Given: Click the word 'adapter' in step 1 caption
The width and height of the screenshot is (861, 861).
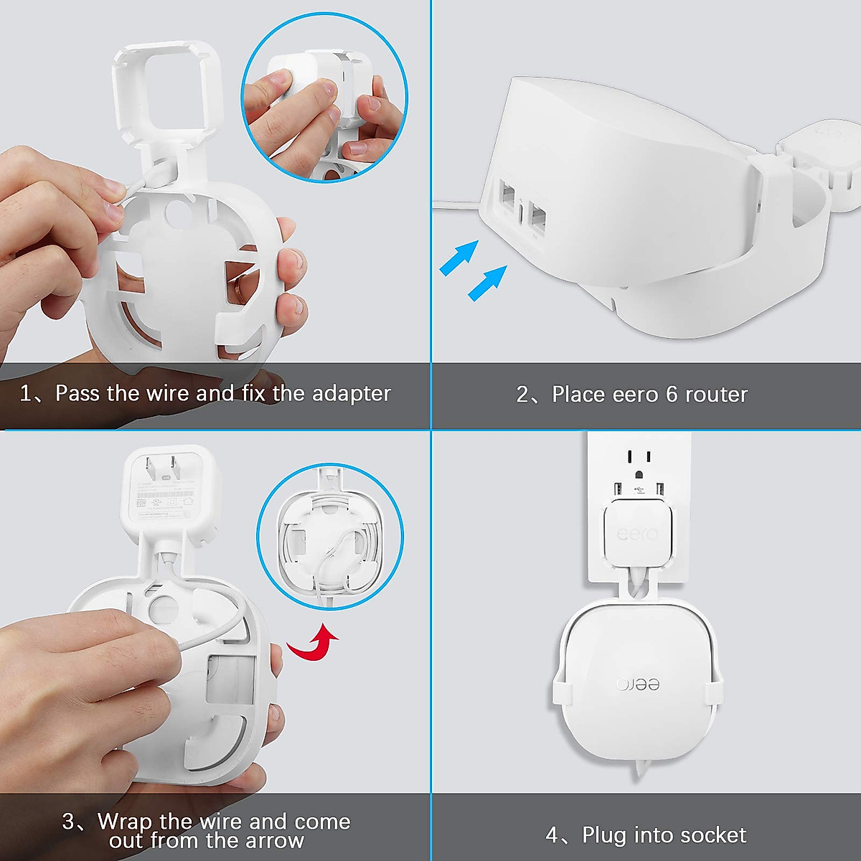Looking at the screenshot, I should pyautogui.click(x=351, y=394).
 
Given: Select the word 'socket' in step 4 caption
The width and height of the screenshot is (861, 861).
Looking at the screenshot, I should pyautogui.click(x=713, y=835).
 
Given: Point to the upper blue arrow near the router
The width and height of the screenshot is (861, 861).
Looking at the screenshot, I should pyautogui.click(x=459, y=257).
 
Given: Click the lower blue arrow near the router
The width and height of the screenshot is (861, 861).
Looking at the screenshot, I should pyautogui.click(x=488, y=282).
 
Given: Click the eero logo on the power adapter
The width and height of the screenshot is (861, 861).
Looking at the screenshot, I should pyautogui.click(x=637, y=535).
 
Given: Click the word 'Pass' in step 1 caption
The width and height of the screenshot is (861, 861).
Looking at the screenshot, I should pyautogui.click(x=77, y=394).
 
